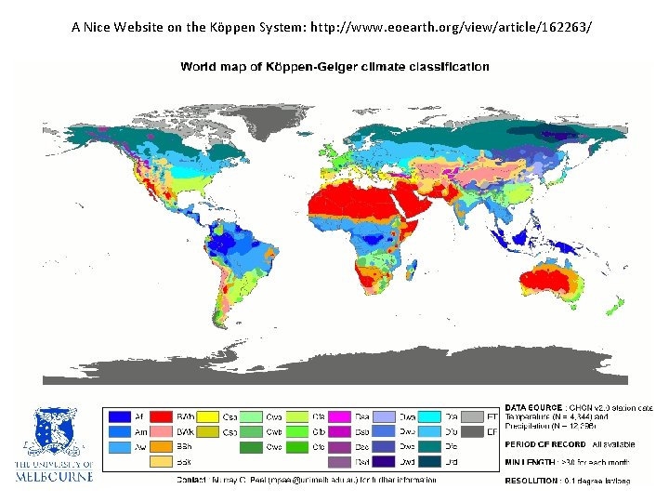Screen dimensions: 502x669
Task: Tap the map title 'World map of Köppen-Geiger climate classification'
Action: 334,67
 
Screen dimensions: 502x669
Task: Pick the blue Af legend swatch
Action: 120,417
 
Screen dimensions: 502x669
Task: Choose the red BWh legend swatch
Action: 163,417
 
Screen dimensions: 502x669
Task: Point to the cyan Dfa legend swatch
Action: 428,417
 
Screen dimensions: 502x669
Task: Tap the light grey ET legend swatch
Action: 474,417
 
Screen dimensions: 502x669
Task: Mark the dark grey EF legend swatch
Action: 474,432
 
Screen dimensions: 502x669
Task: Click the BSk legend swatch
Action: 163,461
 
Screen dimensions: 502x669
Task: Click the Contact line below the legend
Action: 306,480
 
